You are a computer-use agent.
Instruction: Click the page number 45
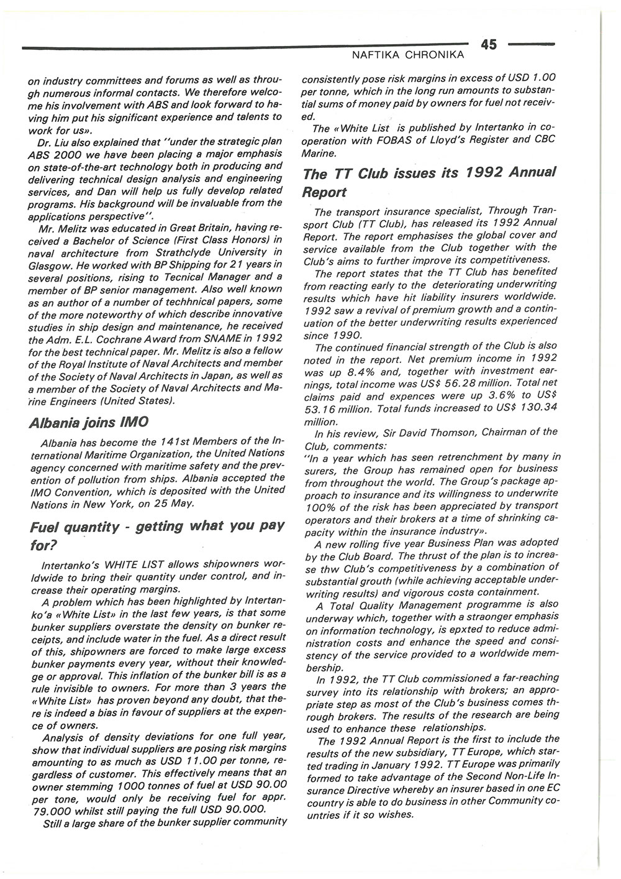point(488,44)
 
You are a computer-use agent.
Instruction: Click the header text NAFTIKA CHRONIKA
point(408,56)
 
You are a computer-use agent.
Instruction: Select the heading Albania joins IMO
point(89,423)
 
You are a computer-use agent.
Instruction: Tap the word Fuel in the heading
point(47,528)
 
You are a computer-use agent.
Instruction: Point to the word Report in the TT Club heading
point(324,192)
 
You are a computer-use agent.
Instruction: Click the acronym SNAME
point(223,338)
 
